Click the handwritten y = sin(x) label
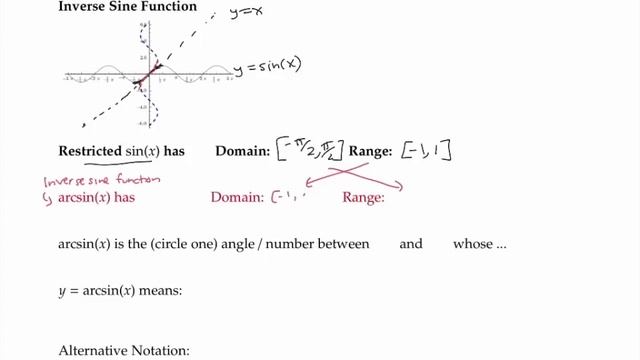[x=268, y=67]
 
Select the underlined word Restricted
[x=90, y=151]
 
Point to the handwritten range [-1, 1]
[x=428, y=151]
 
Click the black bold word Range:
[x=370, y=151]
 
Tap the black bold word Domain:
[x=243, y=151]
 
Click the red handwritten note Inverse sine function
[x=99, y=181]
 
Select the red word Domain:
[x=237, y=198]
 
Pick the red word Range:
[x=363, y=198]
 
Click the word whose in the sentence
[x=473, y=244]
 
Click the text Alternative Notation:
[x=124, y=351]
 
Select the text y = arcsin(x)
[x=95, y=292]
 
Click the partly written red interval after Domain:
[x=288, y=197]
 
